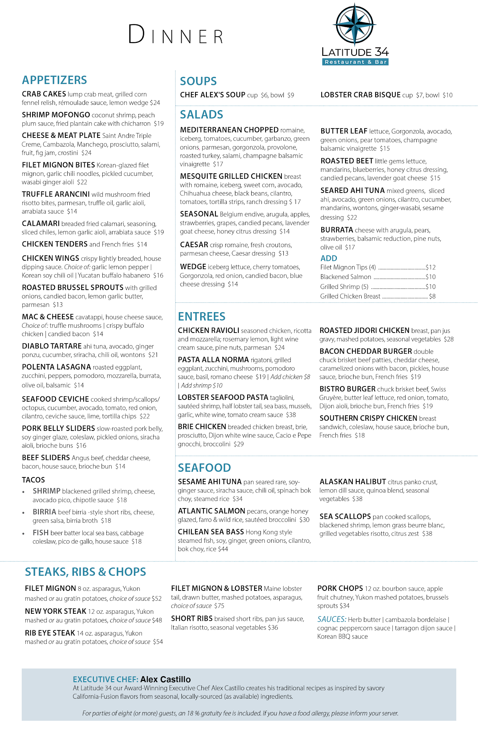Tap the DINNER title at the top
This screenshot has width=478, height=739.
coord(176,35)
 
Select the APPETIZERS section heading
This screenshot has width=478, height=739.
coord(54,80)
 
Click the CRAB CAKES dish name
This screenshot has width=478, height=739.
coord(44,94)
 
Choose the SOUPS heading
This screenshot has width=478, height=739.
coord(198,81)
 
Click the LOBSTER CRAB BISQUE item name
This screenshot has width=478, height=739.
coord(360,95)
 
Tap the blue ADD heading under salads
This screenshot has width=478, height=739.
coord(328,258)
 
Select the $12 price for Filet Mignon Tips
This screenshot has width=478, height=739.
coord(431,267)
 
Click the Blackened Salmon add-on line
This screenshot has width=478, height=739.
coord(346,277)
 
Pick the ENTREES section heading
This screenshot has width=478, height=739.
coord(201,316)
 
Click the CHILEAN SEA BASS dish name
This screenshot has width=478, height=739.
coord(211,532)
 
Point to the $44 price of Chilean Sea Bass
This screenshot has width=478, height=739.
coord(223,549)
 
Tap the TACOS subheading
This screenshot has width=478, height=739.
coord(33,480)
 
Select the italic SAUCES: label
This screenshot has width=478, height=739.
coord(331,619)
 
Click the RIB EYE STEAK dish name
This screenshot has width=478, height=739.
coord(50,633)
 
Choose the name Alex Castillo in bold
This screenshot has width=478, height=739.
coord(165,679)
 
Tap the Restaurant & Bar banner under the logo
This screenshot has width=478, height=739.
coord(355,62)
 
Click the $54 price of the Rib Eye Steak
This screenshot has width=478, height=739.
coord(158,642)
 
